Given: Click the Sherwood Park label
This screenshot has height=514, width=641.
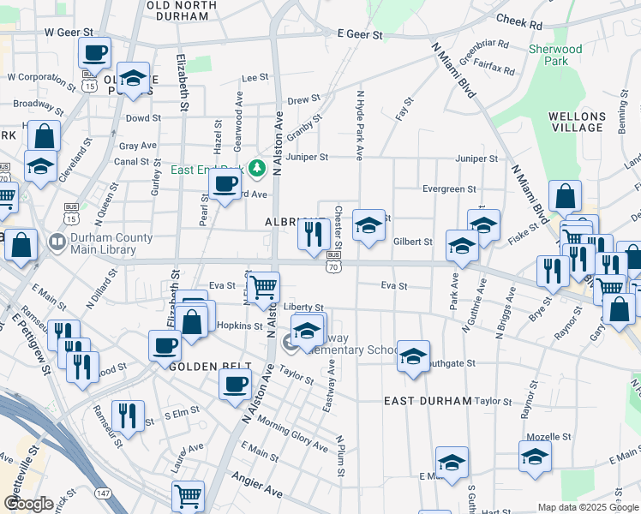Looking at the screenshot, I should click(x=555, y=55).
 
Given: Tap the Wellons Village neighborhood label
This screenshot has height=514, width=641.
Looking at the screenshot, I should click(x=577, y=121).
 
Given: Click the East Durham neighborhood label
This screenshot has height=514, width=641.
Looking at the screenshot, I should click(x=428, y=401).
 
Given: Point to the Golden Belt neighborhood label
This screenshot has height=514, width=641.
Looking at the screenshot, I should click(x=202, y=366).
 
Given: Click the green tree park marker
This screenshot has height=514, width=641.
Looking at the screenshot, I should click(x=255, y=167).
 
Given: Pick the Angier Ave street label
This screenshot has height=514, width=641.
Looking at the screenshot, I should click(x=261, y=492).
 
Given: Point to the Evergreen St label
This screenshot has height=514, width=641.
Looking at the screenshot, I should click(x=449, y=189).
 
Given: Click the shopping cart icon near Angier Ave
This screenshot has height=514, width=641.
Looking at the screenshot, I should click(x=188, y=494).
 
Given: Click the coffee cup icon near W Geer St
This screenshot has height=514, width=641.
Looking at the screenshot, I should click(x=94, y=51).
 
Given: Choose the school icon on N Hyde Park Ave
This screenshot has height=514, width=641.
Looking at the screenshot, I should click(x=368, y=225).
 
